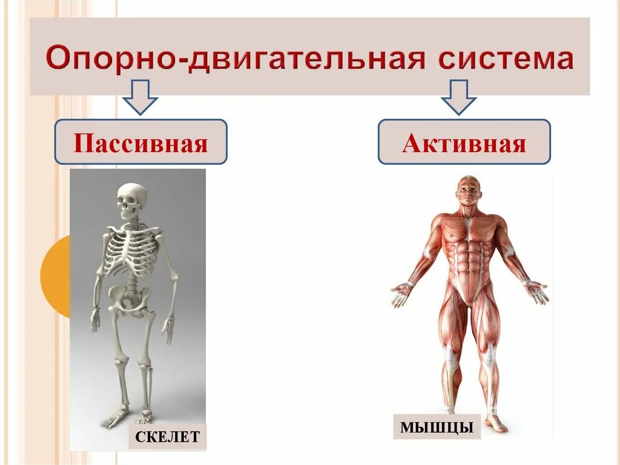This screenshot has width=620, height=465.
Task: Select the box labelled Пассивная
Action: pyautogui.click(x=140, y=142)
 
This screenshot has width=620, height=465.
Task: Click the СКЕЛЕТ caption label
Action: pyautogui.click(x=168, y=437)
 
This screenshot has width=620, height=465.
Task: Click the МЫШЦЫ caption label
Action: pyautogui.click(x=437, y=426)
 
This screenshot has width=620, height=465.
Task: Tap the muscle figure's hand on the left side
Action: pyautogui.click(x=401, y=295)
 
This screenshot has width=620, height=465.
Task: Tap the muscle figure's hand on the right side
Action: pyautogui.click(x=536, y=292)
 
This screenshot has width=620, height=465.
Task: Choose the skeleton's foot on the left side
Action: pyautogui.click(x=113, y=418)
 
